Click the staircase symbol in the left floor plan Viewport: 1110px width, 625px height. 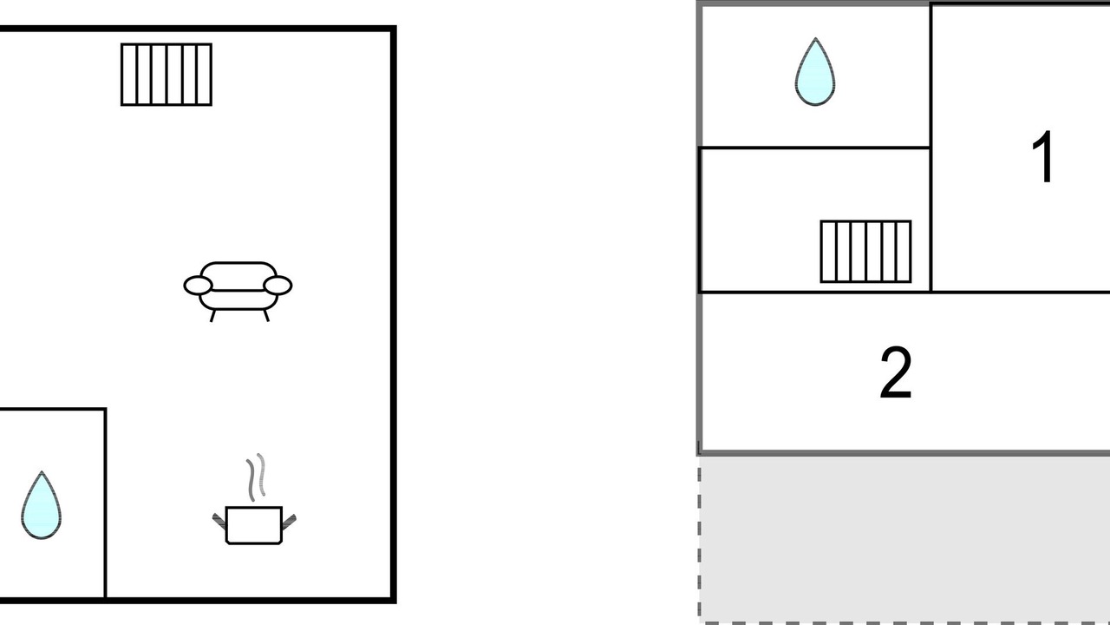click(x=166, y=75)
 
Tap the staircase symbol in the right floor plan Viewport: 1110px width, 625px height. click(x=865, y=252)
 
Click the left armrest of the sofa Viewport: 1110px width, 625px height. click(x=199, y=286)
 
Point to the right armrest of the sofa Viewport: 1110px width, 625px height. click(x=277, y=286)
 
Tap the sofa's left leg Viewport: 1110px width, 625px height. click(x=212, y=316)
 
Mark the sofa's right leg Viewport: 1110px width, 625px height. click(x=266, y=315)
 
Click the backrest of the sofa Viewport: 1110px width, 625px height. click(x=238, y=276)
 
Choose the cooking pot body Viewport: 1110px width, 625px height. click(x=254, y=525)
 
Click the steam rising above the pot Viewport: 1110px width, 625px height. click(x=256, y=477)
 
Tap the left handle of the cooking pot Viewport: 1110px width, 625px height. click(x=219, y=522)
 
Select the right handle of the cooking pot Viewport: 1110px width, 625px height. click(x=289, y=522)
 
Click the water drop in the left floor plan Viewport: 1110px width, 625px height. click(x=41, y=506)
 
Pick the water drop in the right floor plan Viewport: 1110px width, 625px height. click(x=815, y=72)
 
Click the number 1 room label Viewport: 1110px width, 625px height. click(x=1042, y=157)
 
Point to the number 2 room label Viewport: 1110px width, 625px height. click(x=896, y=372)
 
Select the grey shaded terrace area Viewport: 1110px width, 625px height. click(x=904, y=540)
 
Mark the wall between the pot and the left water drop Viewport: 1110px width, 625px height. click(x=106, y=503)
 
